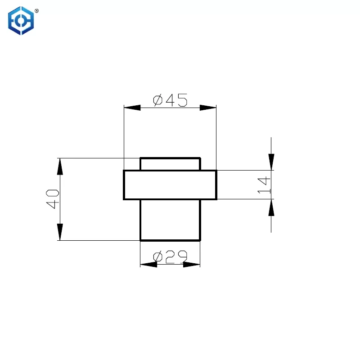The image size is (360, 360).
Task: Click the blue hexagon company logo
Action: [x=21, y=21]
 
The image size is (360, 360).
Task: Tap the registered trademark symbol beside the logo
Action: [x=37, y=11]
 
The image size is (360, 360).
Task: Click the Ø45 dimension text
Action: [x=170, y=100]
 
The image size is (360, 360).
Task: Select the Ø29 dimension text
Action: [x=170, y=256]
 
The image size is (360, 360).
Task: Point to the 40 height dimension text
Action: [x=53, y=199]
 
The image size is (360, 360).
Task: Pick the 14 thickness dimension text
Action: [x=264, y=185]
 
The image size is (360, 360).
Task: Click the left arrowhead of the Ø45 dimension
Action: [x=132, y=108]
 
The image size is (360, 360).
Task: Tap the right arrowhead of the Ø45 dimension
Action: [x=208, y=108]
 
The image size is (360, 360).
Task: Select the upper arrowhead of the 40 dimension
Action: [x=60, y=166]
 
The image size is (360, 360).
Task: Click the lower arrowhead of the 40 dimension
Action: [x=60, y=232]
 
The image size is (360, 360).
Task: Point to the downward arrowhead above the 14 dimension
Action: [x=271, y=162]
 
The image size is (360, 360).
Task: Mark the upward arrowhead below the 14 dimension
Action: [x=271, y=207]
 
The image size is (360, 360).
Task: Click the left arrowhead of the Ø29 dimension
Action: [x=148, y=265]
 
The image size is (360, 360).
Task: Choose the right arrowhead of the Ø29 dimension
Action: [x=192, y=265]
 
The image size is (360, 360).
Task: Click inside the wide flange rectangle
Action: [x=170, y=185]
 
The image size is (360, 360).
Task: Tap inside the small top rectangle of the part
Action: [x=171, y=164]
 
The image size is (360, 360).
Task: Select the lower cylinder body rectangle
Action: [x=171, y=220]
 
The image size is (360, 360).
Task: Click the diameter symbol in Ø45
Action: [x=158, y=100]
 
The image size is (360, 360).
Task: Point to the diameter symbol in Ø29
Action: [x=158, y=256]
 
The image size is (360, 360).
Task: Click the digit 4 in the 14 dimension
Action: [x=264, y=181]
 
